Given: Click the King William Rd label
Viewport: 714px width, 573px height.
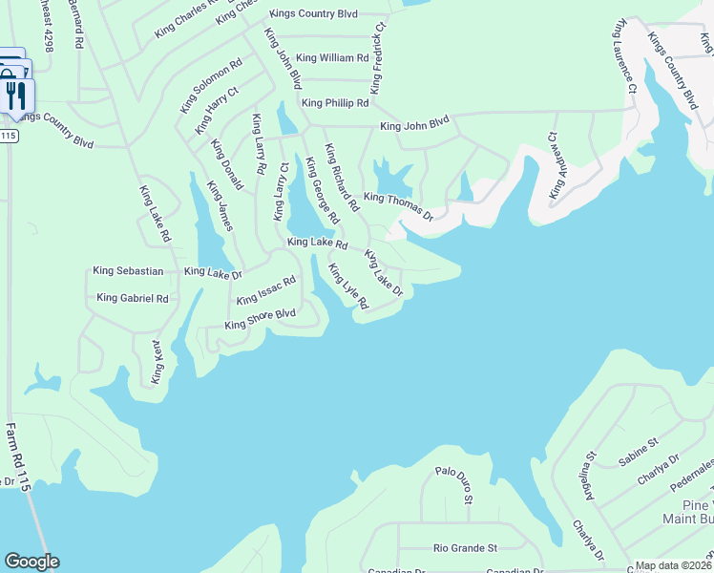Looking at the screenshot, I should click(332, 58).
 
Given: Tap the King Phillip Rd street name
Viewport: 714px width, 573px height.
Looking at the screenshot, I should click(335, 103).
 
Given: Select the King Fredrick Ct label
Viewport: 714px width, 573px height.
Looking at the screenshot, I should click(379, 57).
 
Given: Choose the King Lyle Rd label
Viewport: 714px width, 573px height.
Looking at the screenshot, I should click(348, 286).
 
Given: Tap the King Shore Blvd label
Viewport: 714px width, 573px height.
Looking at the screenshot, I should click(260, 319).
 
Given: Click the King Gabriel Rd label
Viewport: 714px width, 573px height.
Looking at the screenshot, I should click(133, 299).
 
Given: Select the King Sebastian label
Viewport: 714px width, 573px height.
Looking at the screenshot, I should click(128, 272).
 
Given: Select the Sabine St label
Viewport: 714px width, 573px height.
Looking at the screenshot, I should click(639, 451).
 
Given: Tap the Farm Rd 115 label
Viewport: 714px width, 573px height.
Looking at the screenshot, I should click(19, 457).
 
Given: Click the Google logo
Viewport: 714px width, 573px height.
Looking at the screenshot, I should click(31, 562).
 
